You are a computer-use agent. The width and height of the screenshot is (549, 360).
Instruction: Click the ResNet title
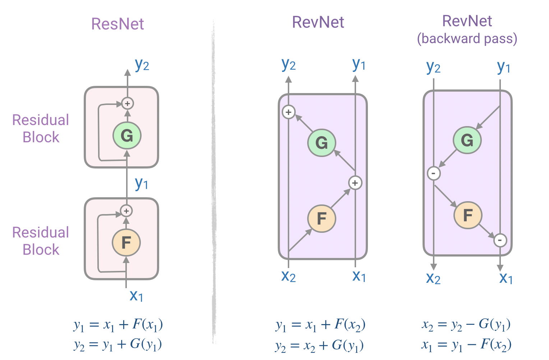click(x=117, y=24)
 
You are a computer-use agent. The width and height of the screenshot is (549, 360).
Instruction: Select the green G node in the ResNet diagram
click(x=127, y=135)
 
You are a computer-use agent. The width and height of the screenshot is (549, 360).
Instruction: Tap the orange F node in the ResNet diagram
click(x=126, y=243)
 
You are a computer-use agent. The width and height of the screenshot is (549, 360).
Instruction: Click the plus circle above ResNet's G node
click(x=127, y=103)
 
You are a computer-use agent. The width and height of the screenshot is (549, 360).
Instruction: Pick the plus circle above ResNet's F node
click(x=126, y=211)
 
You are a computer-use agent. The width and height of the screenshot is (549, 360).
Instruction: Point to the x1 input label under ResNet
click(x=136, y=296)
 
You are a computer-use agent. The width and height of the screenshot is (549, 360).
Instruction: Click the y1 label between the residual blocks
click(x=142, y=183)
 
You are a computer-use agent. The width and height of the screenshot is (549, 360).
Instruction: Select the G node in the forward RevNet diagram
click(x=322, y=143)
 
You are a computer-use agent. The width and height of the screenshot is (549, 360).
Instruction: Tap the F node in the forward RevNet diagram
click(x=322, y=218)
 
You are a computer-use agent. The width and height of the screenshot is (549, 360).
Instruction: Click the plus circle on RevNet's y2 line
click(x=289, y=112)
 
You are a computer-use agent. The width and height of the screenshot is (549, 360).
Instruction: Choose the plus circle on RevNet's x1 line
click(x=355, y=183)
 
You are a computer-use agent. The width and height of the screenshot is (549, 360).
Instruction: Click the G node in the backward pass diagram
click(x=467, y=140)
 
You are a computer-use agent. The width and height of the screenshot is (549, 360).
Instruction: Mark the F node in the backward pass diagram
click(x=467, y=215)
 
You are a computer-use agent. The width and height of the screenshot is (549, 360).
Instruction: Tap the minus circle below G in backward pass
click(x=434, y=174)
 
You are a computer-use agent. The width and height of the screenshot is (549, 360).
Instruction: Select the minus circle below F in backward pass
click(x=500, y=240)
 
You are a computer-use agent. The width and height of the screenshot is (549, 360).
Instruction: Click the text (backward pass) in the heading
click(x=467, y=38)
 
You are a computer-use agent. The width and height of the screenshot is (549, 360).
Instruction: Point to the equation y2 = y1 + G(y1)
click(x=118, y=345)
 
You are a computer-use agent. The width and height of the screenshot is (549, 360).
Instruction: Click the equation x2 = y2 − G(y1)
click(x=466, y=324)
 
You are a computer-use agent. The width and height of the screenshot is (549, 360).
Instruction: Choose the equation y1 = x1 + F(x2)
click(x=320, y=325)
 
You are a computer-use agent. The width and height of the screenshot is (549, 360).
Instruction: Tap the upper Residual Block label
click(x=41, y=129)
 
